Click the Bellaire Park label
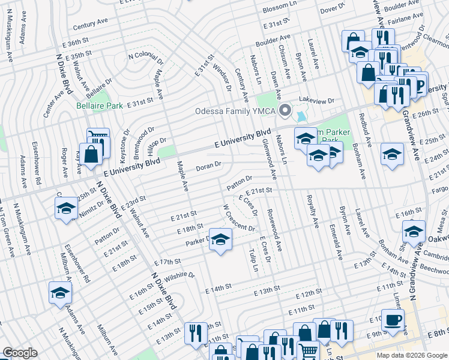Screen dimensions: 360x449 tap(99, 105)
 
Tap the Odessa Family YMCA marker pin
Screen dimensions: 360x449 tap(286, 111)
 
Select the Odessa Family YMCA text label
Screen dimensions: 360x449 tap(237, 111)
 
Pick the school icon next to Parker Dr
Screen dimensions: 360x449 tap(220, 239)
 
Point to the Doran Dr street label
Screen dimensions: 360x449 tap(209, 165)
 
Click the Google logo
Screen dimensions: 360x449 tap(20, 352)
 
